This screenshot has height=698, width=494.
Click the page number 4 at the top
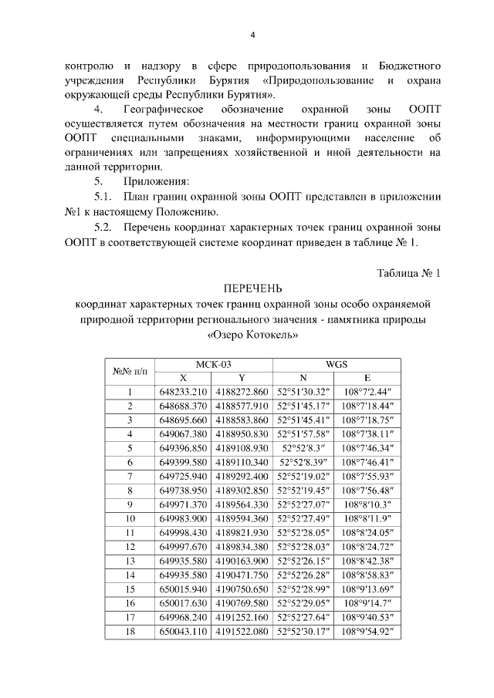[252, 35]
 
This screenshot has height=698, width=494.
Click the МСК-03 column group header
[211, 365]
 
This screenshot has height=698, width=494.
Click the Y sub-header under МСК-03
[242, 378]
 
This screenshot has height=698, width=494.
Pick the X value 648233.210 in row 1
[183, 392]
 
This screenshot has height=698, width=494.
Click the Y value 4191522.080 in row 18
[242, 631]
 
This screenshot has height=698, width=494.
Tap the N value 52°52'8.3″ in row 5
[304, 448]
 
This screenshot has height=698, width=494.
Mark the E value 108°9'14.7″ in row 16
[368, 603]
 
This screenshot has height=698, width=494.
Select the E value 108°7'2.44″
[368, 392]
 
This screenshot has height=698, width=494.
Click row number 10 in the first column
[130, 518]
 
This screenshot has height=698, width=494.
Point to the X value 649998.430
[183, 532]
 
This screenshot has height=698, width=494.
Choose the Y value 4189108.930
[242, 448]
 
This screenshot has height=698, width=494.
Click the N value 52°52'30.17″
[304, 631]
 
